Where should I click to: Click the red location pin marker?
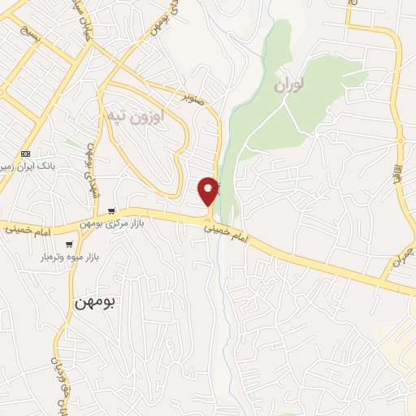(209, 190)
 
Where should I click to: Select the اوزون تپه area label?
(136, 116)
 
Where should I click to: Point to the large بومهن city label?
(95, 301)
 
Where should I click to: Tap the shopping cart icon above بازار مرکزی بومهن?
(111, 210)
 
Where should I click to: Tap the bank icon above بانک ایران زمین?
(25, 154)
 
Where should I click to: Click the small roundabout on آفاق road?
(400, 141)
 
